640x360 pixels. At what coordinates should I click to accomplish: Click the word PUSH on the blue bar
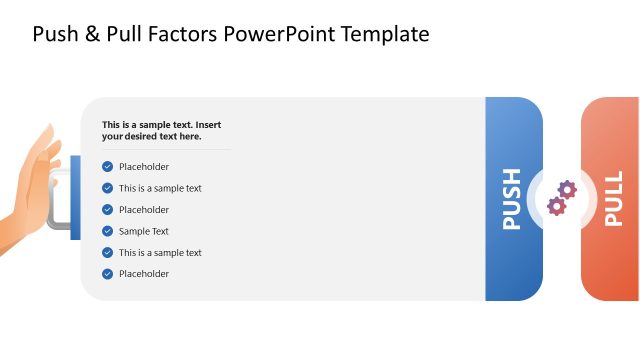coord(512,199)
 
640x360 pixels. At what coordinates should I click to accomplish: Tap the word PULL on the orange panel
coord(613,200)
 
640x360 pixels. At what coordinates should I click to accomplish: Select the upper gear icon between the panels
coord(566,189)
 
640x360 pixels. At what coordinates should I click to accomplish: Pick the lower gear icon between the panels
coord(556,206)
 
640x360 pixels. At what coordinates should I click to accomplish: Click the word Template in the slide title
coord(384,34)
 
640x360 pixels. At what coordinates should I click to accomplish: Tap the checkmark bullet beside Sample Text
coord(107,231)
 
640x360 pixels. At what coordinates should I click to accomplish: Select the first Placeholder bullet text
coord(144,167)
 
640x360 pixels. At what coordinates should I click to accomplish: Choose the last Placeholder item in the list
coord(144,274)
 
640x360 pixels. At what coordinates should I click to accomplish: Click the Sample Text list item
coord(144,231)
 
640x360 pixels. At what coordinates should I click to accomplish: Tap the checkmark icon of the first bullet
coord(107,167)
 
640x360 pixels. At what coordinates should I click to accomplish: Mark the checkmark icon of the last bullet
coord(107,274)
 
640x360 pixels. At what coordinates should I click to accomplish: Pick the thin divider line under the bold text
coord(165,150)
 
